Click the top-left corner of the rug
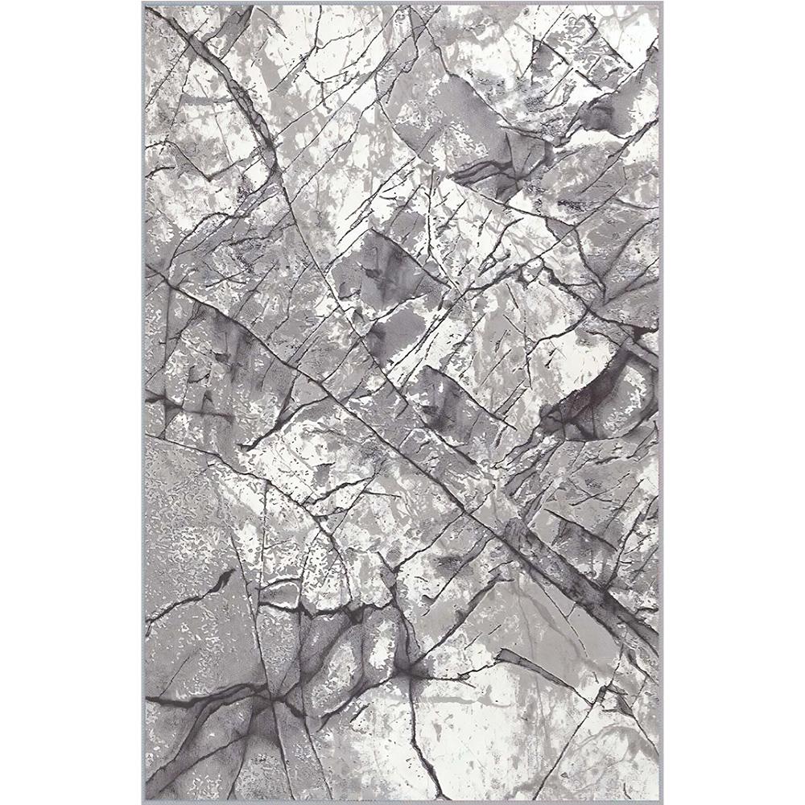143,5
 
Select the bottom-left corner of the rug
143,800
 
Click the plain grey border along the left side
145,402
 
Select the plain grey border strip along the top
402,6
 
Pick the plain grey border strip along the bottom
402,799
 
